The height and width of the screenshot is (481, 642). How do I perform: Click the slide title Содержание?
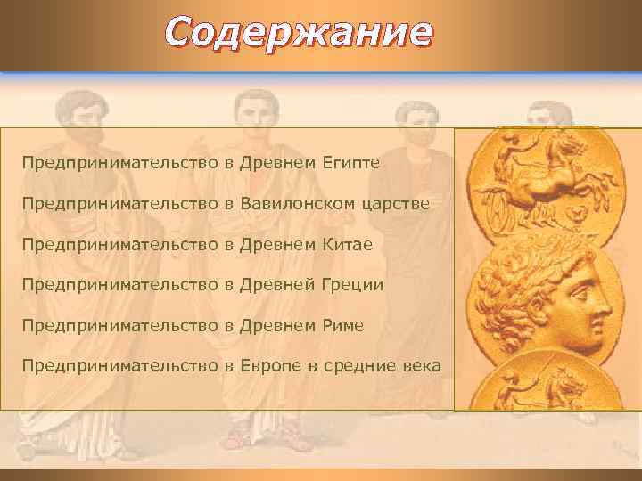(299, 33)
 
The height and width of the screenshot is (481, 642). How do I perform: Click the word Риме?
(340, 325)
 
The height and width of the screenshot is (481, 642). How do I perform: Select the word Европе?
(271, 366)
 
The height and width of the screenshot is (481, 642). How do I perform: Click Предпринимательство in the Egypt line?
(120, 164)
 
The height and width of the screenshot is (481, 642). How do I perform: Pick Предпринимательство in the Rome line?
(120, 325)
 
